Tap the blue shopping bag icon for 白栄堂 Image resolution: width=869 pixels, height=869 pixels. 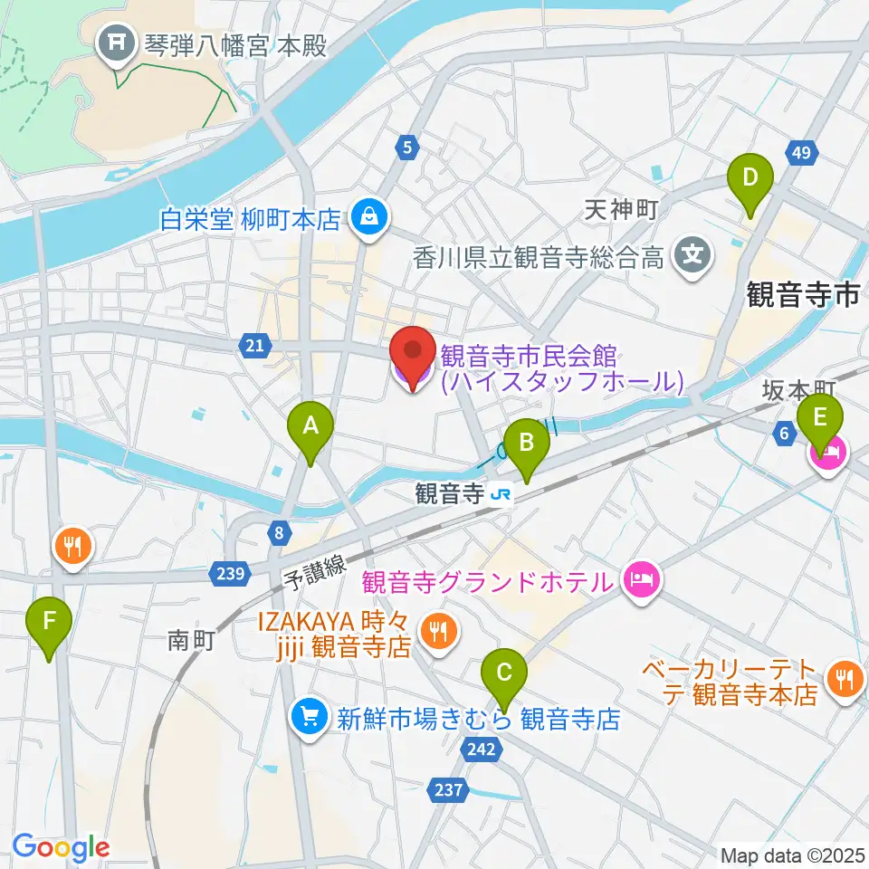(369, 218)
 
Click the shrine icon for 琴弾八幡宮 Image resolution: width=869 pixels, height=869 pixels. (118, 43)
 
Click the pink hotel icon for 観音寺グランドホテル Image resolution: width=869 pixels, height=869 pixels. (642, 577)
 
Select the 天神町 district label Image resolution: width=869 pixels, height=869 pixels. (620, 211)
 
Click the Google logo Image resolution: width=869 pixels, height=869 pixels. (61, 847)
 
